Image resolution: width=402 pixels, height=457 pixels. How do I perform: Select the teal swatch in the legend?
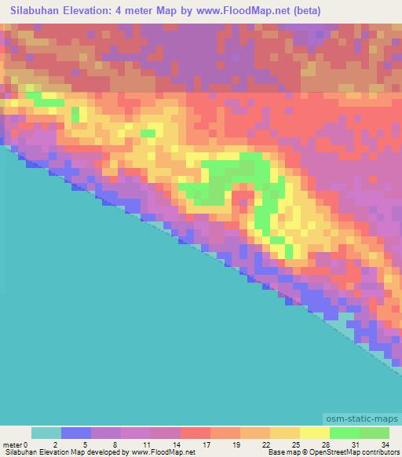tap(46, 433)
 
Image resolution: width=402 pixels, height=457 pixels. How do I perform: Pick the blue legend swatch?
tap(76, 433)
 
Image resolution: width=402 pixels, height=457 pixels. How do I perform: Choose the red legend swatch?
tap(196, 433)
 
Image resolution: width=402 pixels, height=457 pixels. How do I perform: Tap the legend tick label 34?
tap(384, 444)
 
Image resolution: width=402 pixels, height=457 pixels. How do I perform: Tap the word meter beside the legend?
tap(12, 444)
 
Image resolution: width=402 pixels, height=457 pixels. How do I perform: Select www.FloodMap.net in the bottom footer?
tap(162, 453)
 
